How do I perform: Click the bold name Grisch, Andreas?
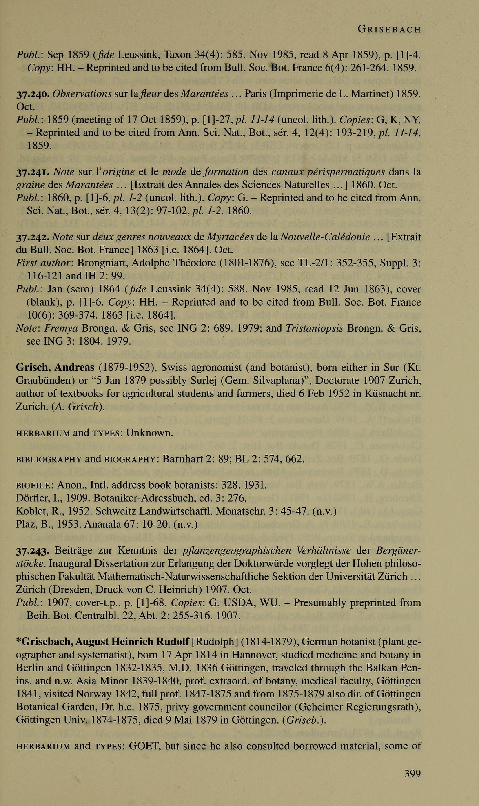coord(55,368)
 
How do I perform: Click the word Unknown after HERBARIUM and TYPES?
coord(149,433)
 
